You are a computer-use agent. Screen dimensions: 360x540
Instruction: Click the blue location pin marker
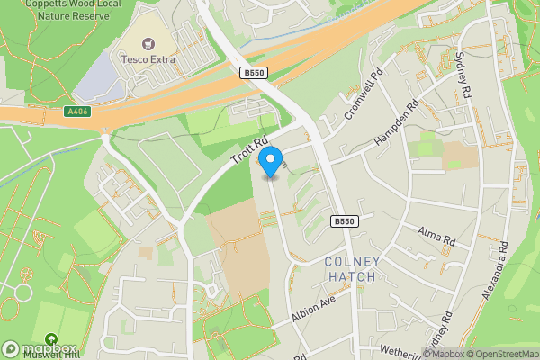coord(269,163)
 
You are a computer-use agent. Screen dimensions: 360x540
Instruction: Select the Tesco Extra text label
coord(148,59)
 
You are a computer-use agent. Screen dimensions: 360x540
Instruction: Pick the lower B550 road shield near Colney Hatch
coord(344,221)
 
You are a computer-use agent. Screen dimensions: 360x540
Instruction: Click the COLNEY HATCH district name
coord(353,269)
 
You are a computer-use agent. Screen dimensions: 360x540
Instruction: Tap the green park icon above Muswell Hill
coord(50,340)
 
